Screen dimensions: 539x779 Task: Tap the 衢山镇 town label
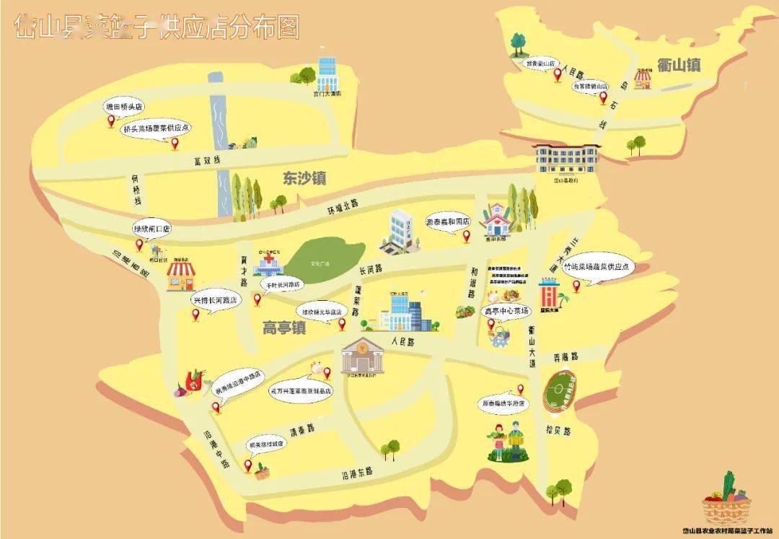point(679,65)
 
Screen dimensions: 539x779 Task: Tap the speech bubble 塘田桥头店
point(124,107)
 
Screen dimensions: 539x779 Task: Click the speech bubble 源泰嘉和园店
point(447,222)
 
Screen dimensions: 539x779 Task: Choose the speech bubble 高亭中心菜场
point(506,311)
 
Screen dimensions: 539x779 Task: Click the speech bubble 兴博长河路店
point(214,300)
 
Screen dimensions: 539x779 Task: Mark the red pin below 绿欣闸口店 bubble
point(139,245)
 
